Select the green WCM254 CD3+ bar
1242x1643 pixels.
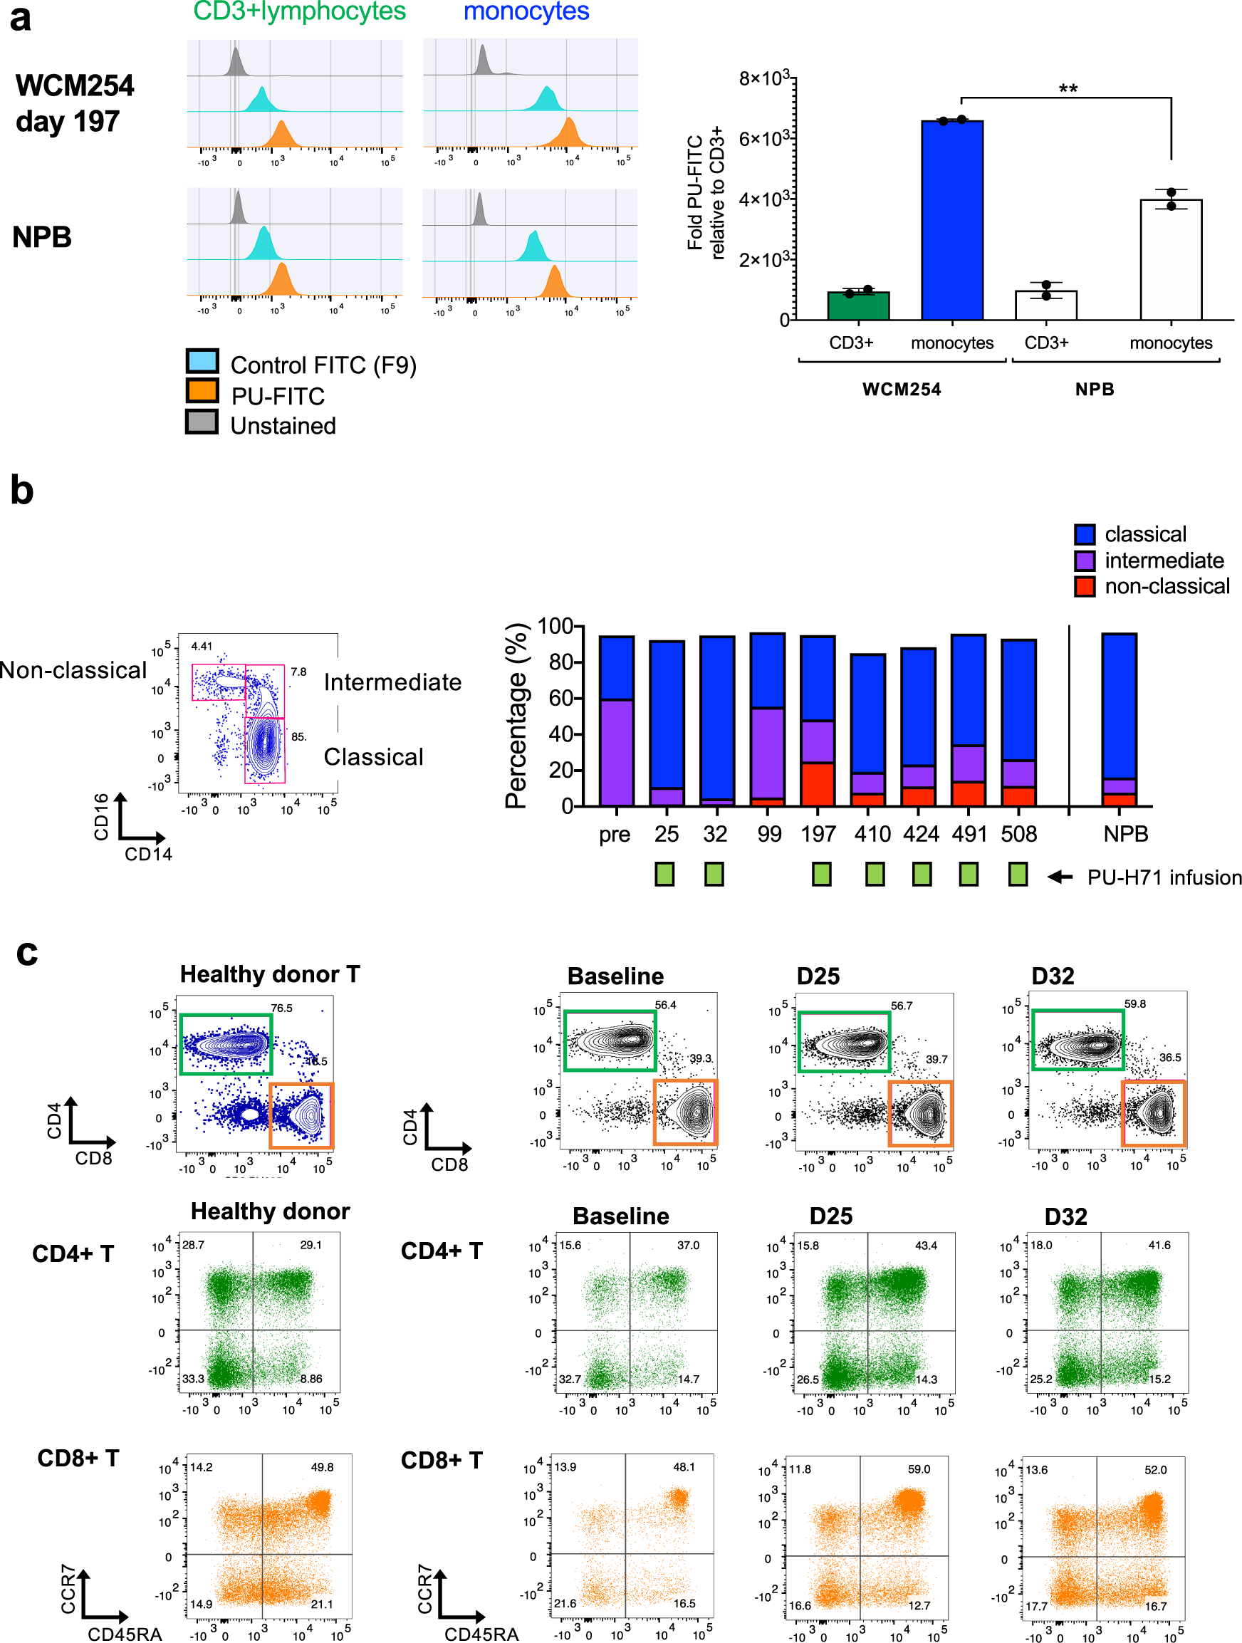tap(858, 306)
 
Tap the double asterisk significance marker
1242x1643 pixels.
tap(1068, 89)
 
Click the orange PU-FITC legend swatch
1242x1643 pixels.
tap(202, 391)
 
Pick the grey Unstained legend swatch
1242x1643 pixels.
tap(202, 422)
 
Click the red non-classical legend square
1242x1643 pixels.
tap(1084, 586)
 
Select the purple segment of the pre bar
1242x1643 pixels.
tap(616, 751)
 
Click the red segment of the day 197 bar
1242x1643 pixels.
tap(817, 783)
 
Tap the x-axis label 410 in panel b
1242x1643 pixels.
tap(872, 834)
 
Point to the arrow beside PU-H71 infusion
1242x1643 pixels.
tap(1059, 877)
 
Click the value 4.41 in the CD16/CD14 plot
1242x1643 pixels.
tap(202, 646)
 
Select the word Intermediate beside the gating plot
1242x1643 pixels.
tap(392, 682)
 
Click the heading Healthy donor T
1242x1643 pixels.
tap(270, 974)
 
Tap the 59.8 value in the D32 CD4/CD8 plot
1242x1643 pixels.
tap(1134, 1003)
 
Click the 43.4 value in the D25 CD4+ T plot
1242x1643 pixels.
tap(926, 1245)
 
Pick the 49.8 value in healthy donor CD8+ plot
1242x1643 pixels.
tap(322, 1467)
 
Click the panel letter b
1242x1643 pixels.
tap(22, 491)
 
